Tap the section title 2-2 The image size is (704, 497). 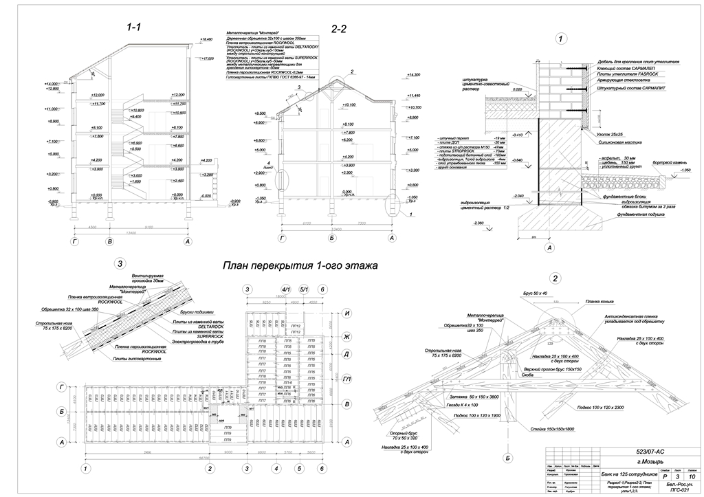339,29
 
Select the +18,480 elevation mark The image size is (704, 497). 206,41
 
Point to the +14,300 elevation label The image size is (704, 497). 413,75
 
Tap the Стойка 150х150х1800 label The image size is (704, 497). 551,430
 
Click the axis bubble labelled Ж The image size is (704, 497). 348,336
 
